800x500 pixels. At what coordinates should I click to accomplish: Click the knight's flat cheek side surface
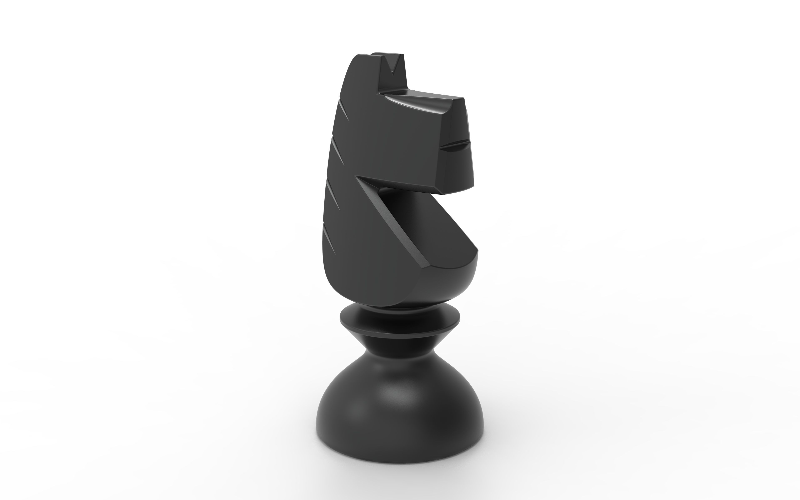pos(390,139)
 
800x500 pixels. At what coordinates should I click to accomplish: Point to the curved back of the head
pos(345,79)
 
